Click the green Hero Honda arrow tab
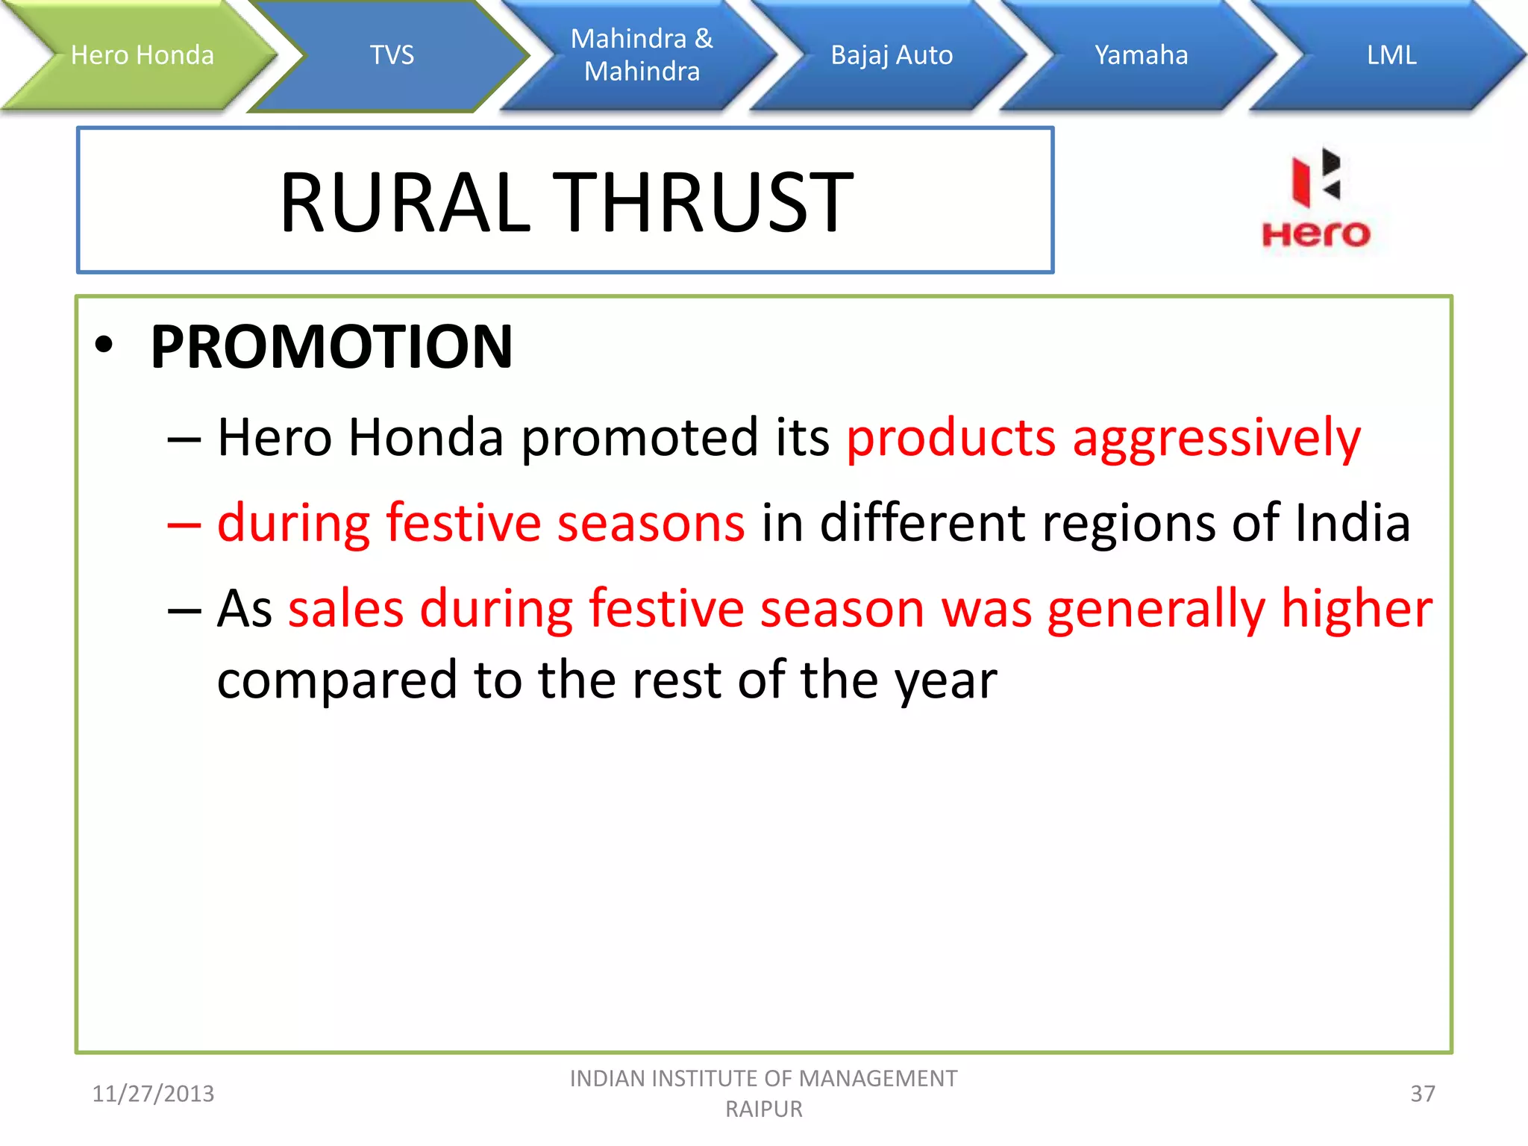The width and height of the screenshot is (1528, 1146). point(142,55)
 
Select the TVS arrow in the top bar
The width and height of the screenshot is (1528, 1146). point(392,55)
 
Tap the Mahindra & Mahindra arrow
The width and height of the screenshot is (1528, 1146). point(642,55)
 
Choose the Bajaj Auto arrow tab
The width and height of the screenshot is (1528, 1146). point(892,55)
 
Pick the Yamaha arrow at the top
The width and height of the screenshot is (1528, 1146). point(1141,55)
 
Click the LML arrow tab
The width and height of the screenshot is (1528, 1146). point(1391,55)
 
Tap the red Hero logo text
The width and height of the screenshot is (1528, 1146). point(1315,234)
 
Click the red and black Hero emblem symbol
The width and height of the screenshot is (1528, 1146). point(1316,177)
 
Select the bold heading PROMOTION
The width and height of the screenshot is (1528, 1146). point(331,347)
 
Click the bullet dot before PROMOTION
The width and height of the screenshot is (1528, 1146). point(104,345)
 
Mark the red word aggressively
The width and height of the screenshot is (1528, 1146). point(1215,439)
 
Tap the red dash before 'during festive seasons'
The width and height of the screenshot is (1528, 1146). point(184,525)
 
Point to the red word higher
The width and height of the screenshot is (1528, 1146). point(1356,608)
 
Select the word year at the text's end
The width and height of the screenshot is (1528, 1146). point(945,680)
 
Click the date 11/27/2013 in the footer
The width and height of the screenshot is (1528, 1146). point(153,1094)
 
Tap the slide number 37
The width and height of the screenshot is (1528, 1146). point(1422,1094)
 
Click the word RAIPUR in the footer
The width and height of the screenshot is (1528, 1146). point(763,1109)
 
